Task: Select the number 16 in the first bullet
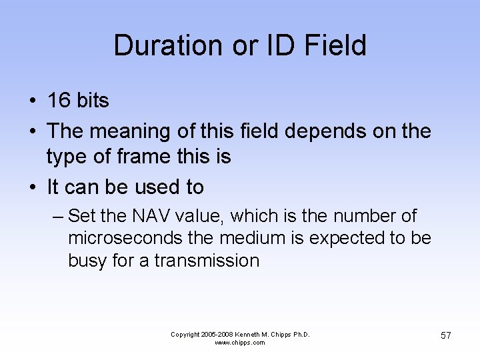[x=59, y=101]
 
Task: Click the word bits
[x=93, y=101]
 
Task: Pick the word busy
[x=88, y=261]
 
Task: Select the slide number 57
[x=445, y=335]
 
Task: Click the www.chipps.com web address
[x=240, y=343]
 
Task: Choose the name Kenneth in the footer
[x=247, y=334]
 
